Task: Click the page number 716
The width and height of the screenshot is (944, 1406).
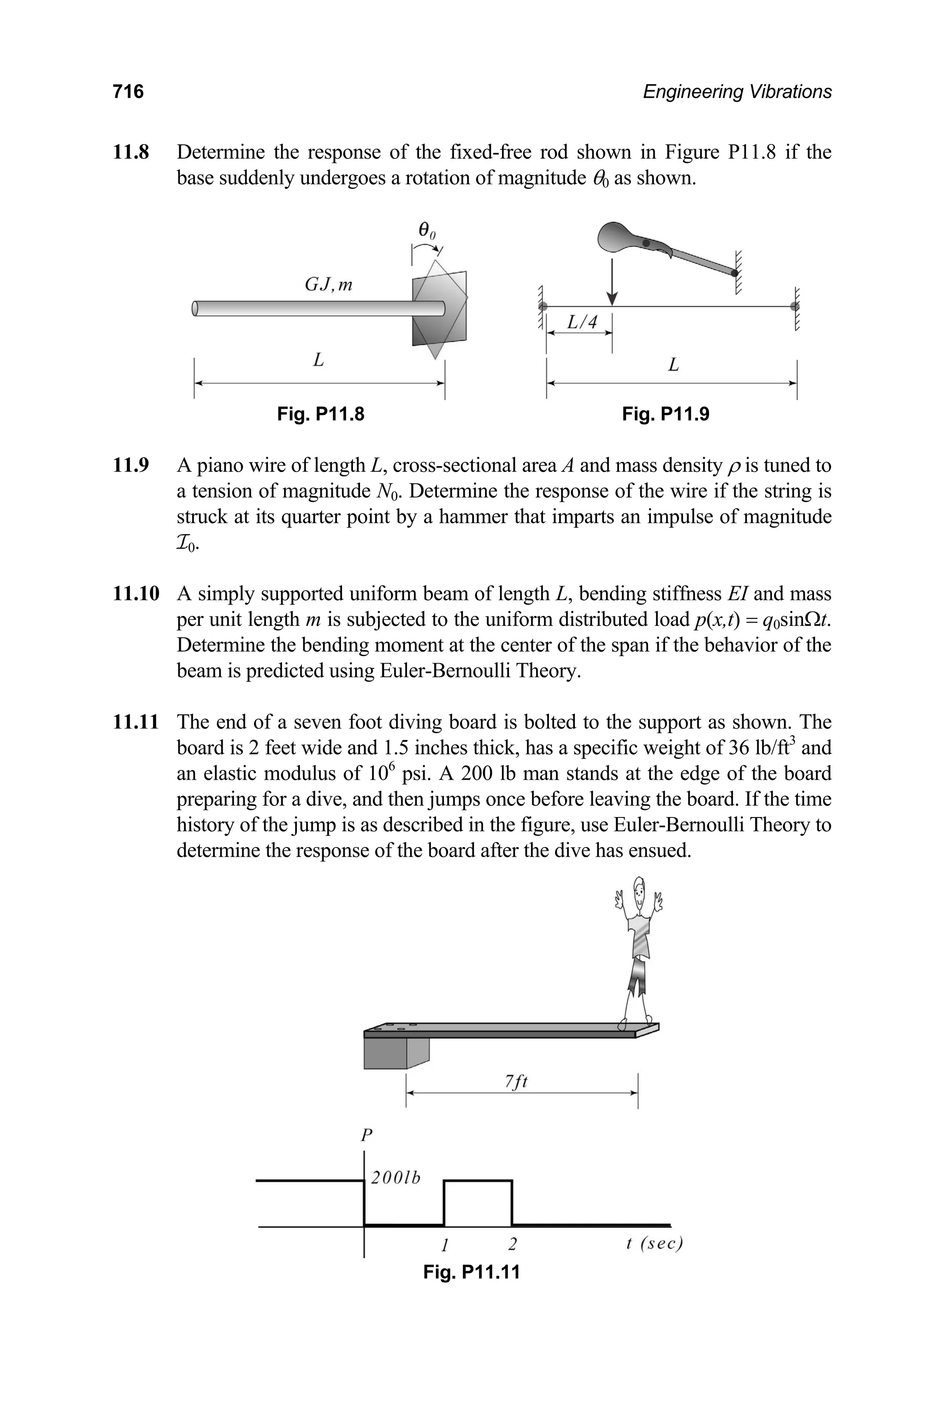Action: pyautogui.click(x=128, y=92)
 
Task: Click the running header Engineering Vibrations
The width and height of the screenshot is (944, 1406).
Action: pyautogui.click(x=737, y=92)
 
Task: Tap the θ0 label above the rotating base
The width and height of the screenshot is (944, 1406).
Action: pyautogui.click(x=427, y=229)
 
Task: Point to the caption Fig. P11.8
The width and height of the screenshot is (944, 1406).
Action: pyautogui.click(x=320, y=414)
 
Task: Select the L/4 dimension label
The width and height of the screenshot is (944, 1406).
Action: pyautogui.click(x=582, y=323)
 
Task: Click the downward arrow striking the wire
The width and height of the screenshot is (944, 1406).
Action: pyautogui.click(x=612, y=283)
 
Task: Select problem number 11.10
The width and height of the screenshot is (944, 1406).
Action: pyautogui.click(x=136, y=594)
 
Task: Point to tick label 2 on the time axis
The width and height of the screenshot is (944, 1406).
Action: pyautogui.click(x=513, y=1243)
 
